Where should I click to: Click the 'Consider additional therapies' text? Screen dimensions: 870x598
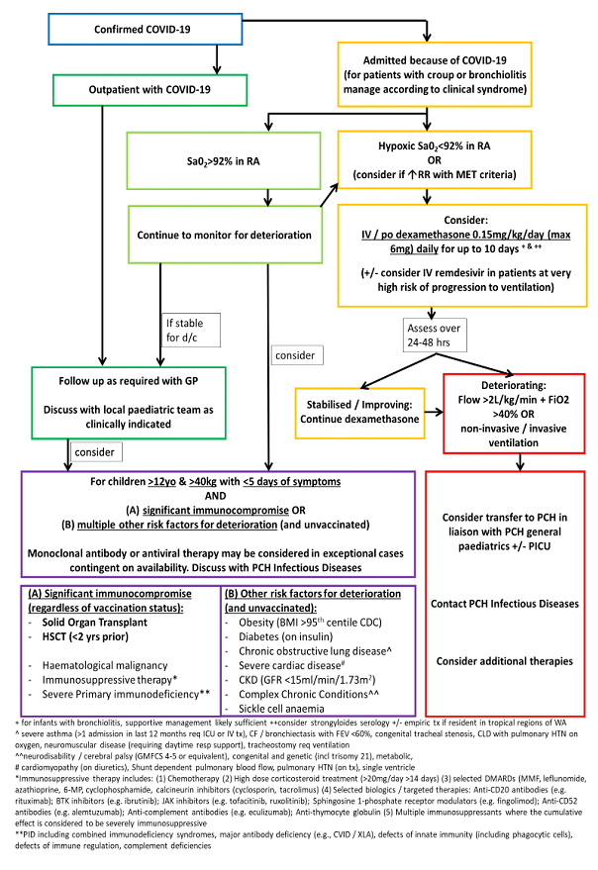point(507,659)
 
